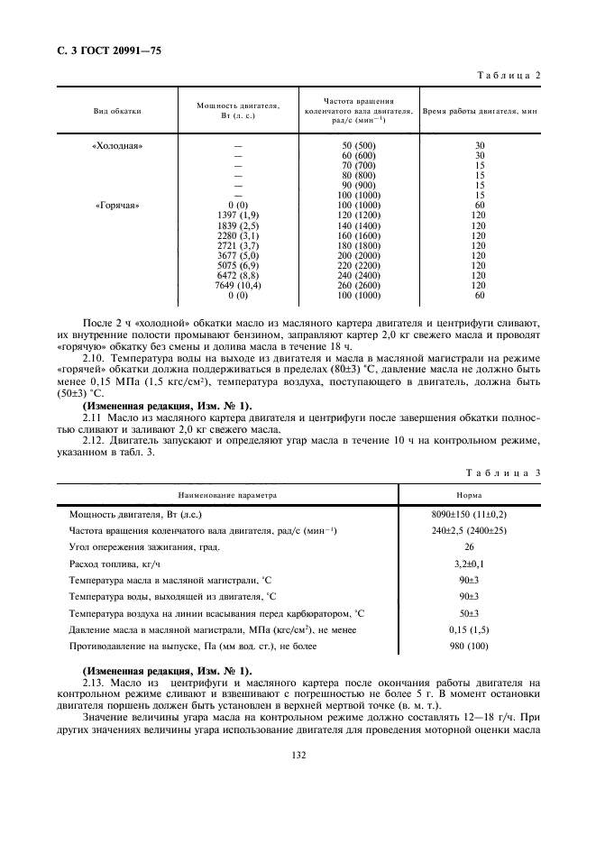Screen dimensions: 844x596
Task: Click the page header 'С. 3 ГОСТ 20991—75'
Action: tap(102, 53)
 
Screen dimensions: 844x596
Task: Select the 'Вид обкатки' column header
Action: tap(117, 111)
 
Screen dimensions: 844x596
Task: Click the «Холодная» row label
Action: tap(117, 146)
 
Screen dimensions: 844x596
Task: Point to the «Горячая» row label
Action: tap(117, 205)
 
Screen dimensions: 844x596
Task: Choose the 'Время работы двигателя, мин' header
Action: tap(480, 111)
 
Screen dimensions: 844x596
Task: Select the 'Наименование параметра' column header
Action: tap(227, 495)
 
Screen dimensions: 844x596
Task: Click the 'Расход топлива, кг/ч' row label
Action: tap(112, 564)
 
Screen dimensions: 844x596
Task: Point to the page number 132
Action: tap(298, 755)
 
